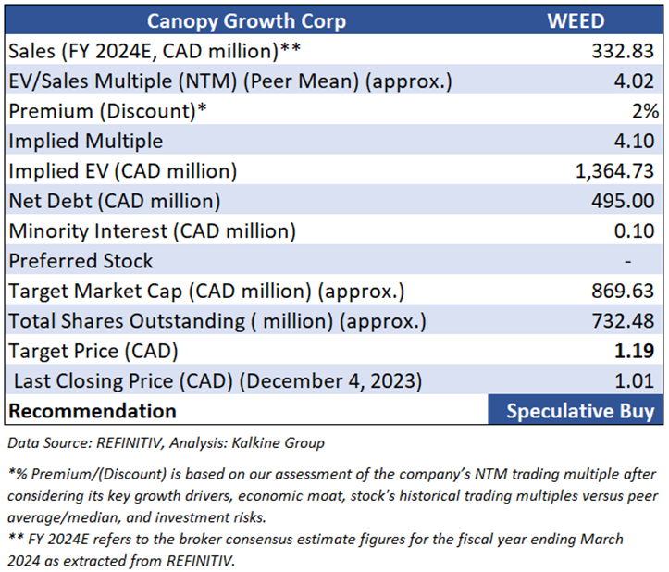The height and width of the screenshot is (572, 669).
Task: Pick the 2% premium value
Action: [x=646, y=110]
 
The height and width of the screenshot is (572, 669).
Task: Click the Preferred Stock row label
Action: [x=81, y=261]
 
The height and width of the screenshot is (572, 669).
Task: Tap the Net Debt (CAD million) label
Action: [x=114, y=201]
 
